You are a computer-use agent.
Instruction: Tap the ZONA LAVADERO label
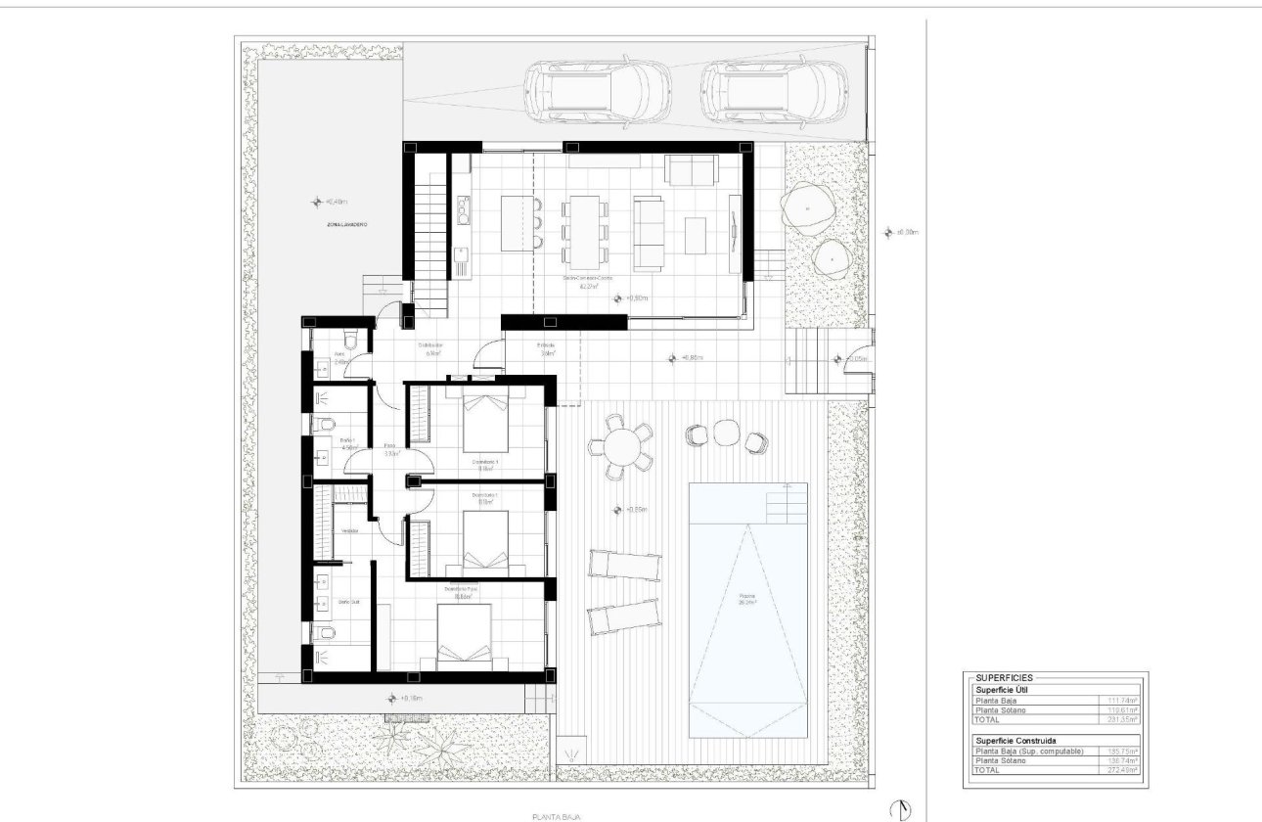click(347, 225)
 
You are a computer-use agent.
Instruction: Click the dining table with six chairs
click(584, 231)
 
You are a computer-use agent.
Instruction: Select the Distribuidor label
click(431, 345)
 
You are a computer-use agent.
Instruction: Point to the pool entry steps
click(788, 503)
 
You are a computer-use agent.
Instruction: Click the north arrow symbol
click(899, 808)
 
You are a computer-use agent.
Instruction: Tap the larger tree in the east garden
click(807, 208)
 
